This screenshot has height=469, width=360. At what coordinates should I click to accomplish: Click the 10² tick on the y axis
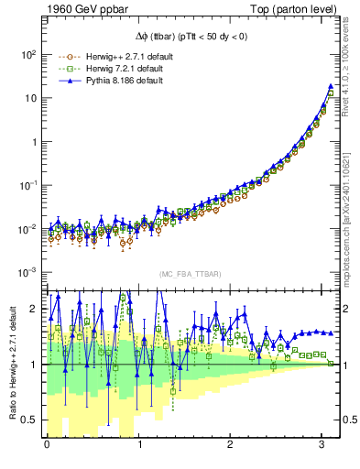click(x=27, y=55)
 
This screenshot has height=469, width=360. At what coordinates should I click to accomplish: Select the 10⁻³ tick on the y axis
click(x=27, y=272)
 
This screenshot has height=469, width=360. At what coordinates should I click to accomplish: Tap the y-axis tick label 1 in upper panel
click(x=33, y=142)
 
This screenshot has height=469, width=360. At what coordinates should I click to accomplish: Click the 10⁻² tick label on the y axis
click(x=27, y=229)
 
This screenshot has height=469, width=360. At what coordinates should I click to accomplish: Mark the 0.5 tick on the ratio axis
click(x=31, y=420)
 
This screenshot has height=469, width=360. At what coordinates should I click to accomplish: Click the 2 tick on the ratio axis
click(x=35, y=309)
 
